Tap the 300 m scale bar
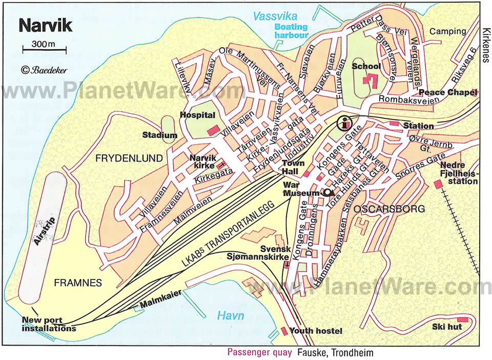click(x=44, y=49)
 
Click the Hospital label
click(x=197, y=115)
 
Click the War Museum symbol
click(x=327, y=193)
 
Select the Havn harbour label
click(x=230, y=315)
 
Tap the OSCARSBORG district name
click(x=382, y=209)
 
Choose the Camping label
click(x=447, y=31)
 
